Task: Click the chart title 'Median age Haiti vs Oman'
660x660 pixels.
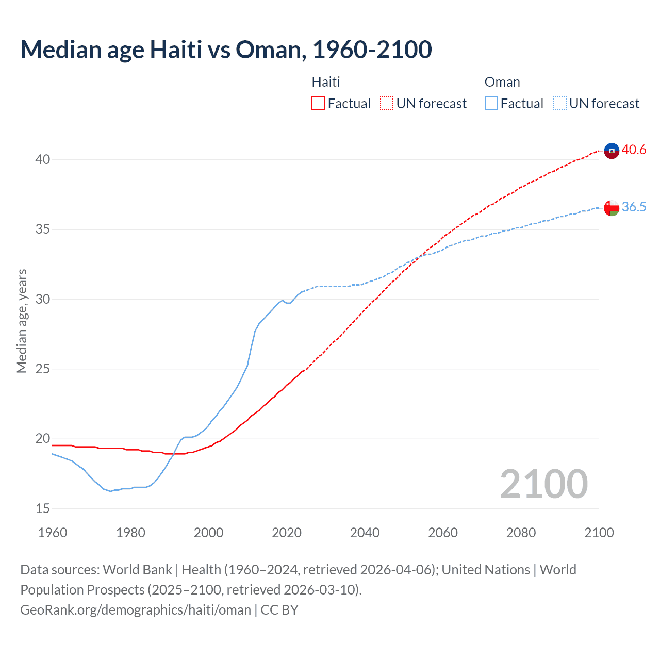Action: [226, 50]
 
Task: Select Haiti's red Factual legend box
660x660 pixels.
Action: [318, 104]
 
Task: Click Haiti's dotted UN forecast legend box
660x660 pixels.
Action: [387, 104]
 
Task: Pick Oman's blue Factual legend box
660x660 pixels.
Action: [491, 104]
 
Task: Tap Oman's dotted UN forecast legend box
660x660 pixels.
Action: [559, 104]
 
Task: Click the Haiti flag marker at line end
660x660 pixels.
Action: [612, 151]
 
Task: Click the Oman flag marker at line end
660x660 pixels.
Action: [612, 208]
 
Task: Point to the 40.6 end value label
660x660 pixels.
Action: [634, 150]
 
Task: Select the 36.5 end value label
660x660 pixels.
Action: [634, 207]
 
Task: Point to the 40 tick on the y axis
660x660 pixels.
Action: [43, 160]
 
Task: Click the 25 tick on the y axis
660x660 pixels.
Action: [43, 369]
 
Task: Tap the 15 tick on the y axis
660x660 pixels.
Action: [43, 509]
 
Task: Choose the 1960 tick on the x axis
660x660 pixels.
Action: [53, 533]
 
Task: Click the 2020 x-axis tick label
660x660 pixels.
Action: [287, 533]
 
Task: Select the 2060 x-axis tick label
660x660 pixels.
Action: [443, 533]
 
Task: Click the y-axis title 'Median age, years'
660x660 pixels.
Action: [22, 321]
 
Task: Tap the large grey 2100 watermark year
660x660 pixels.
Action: [543, 484]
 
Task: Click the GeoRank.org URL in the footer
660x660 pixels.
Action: [136, 610]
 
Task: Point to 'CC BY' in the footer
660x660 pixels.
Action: [279, 610]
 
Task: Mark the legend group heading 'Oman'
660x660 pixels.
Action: [502, 82]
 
